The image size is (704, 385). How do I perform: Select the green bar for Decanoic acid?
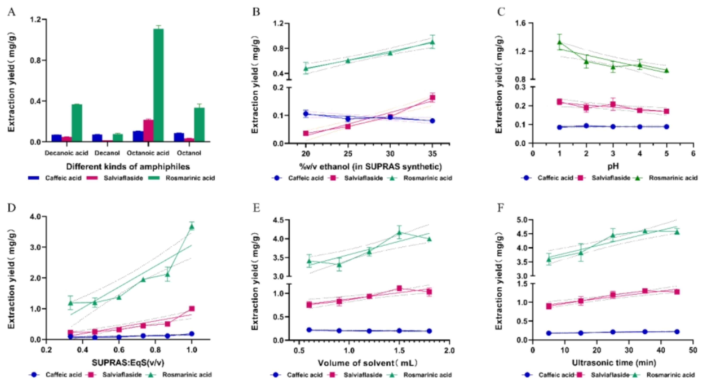(77, 123)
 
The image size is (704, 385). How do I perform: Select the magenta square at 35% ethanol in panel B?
(432, 98)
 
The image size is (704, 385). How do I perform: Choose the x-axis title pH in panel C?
(612, 166)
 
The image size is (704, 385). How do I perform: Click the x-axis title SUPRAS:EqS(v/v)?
(128, 363)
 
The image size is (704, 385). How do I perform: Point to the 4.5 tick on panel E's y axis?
(276, 220)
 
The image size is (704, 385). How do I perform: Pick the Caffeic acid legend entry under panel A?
(63, 178)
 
